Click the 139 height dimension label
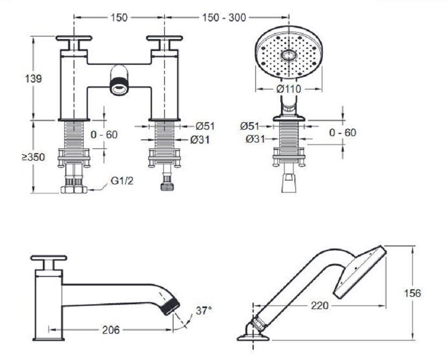coord(34,78)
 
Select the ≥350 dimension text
coord(34,157)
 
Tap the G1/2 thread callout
coord(122,181)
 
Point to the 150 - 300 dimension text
coord(224,18)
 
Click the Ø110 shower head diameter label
coord(289,89)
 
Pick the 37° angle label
coord(204,311)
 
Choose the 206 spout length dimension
coord(111,330)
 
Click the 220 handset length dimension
coord(320,306)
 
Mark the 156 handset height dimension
coord(412,293)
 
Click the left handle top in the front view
coord(74,38)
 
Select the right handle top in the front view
coord(164,38)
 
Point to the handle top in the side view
coord(49,258)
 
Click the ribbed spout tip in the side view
coord(172,306)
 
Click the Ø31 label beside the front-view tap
coord(200,140)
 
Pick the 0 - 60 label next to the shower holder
coord(343,132)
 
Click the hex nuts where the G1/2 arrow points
coord(74,190)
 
